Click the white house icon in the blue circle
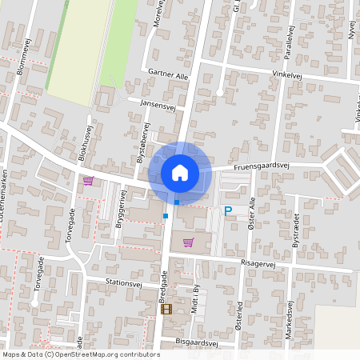pyautogui.click(x=180, y=172)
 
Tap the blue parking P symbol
pyautogui.click(x=228, y=211)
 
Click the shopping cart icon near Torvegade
pyautogui.click(x=88, y=181)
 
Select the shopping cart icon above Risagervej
pyautogui.click(x=188, y=242)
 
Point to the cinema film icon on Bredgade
pyautogui.click(x=166, y=309)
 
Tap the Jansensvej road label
pyautogui.click(x=158, y=104)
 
